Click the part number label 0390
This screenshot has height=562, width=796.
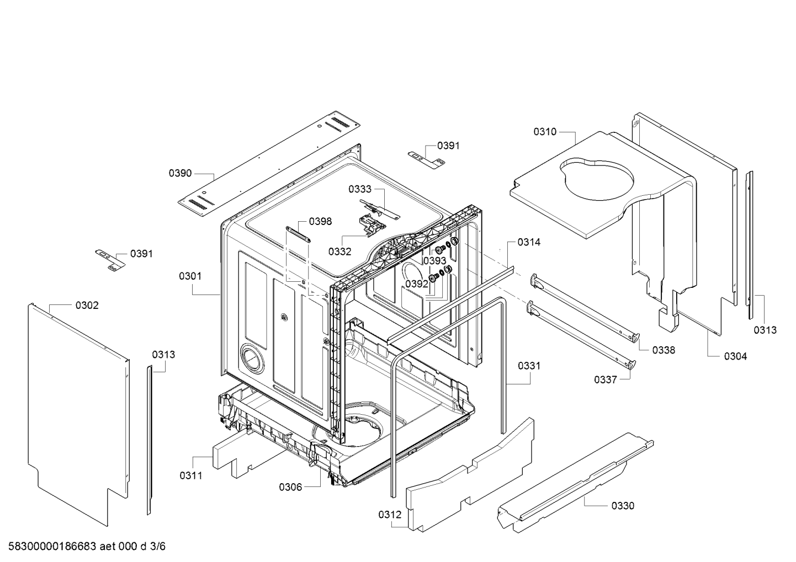click(x=180, y=173)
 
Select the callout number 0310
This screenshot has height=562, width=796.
click(x=545, y=132)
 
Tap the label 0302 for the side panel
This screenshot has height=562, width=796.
click(x=87, y=306)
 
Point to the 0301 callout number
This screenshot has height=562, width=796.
click(x=190, y=276)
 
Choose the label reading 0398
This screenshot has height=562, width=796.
click(x=320, y=222)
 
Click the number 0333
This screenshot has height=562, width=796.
click(x=359, y=189)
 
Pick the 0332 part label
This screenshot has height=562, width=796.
click(x=339, y=251)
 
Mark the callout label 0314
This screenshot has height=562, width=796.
click(x=529, y=242)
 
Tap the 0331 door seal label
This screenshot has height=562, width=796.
click(x=529, y=366)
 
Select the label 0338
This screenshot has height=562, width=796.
click(x=664, y=350)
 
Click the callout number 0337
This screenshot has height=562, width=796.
click(x=606, y=380)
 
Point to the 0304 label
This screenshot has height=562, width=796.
click(x=736, y=356)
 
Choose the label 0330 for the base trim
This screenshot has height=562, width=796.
click(x=623, y=506)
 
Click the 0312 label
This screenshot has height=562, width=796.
click(x=390, y=515)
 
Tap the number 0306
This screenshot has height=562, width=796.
click(x=290, y=488)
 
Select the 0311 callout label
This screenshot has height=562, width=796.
click(x=191, y=476)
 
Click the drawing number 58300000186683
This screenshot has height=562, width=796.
click(x=52, y=546)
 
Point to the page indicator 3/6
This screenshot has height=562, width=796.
click(x=158, y=546)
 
